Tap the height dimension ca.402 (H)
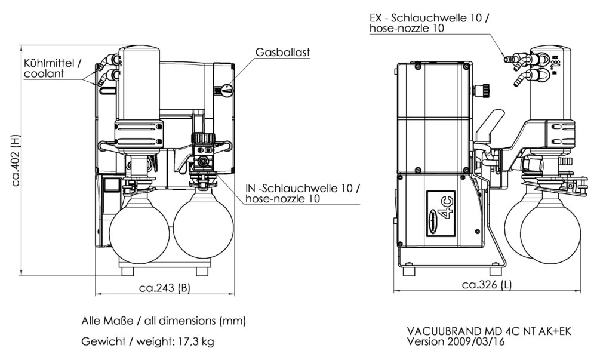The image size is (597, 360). [16, 159]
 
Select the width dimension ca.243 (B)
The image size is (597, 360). [164, 288]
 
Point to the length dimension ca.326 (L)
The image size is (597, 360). [487, 284]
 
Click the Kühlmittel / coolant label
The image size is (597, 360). [52, 69]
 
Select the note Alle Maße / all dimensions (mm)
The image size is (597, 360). [164, 321]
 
